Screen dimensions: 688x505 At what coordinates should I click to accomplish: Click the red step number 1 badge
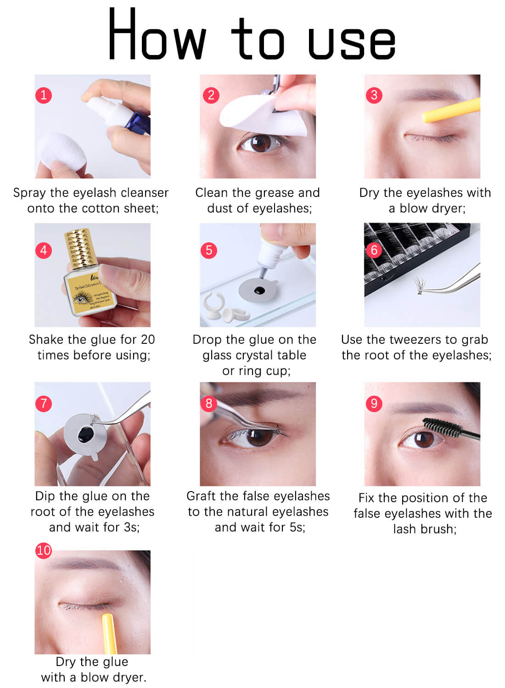point(44,95)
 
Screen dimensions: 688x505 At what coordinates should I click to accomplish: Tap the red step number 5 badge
point(209,250)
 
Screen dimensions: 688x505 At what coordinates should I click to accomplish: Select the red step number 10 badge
point(44,550)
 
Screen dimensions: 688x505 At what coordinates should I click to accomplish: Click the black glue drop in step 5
point(259,291)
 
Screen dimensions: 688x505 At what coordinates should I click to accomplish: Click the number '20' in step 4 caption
point(148,340)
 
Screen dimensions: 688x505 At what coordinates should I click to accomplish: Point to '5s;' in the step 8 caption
point(297,527)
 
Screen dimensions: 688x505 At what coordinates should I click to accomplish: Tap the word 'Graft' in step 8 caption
point(202,496)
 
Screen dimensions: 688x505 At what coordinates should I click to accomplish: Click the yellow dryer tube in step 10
point(109,633)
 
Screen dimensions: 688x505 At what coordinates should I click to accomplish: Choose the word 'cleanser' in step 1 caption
point(145,193)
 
